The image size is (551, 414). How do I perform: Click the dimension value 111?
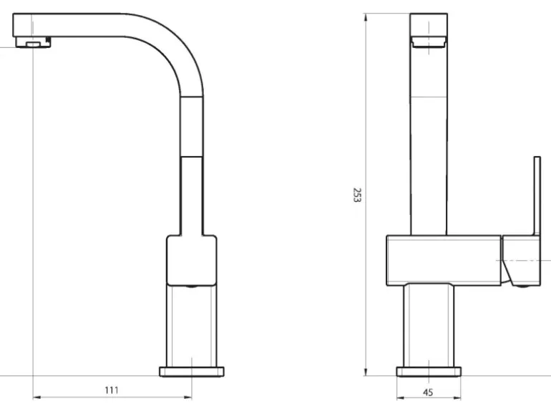pyautogui.click(x=112, y=390)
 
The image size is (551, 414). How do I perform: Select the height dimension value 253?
pyautogui.click(x=356, y=195)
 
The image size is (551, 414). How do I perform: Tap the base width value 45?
pyautogui.click(x=429, y=392)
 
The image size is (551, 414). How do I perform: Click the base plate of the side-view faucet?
pyautogui.click(x=192, y=371)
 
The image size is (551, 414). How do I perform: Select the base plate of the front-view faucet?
pyautogui.click(x=429, y=371)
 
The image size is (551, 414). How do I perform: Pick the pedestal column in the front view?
pyautogui.click(x=429, y=326)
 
